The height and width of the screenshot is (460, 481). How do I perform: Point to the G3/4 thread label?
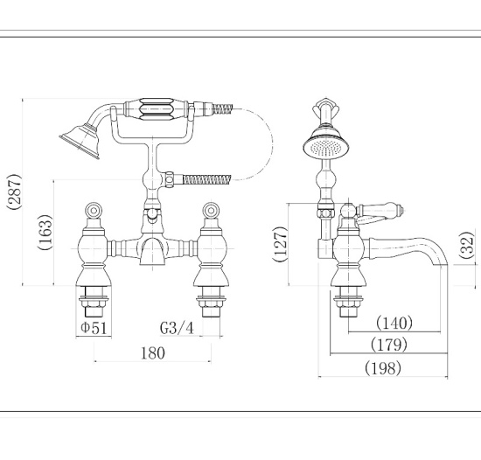[178, 329]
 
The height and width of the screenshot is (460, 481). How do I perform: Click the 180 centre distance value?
[151, 354]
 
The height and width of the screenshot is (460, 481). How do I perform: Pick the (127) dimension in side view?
[279, 244]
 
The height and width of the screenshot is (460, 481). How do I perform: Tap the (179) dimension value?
[389, 345]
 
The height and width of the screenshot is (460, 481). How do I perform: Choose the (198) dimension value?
[382, 368]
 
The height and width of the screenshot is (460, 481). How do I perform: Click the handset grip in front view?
[157, 111]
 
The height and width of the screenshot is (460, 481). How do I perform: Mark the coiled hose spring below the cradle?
[206, 179]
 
